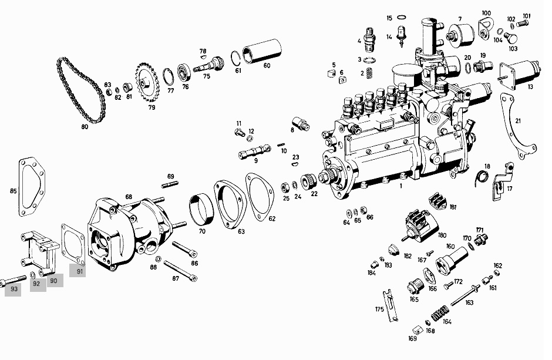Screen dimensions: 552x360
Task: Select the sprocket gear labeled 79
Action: (x=147, y=82)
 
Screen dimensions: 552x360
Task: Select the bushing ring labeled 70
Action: (x=202, y=210)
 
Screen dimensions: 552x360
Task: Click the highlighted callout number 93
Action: (x=14, y=289)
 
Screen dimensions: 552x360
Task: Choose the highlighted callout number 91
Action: (x=78, y=271)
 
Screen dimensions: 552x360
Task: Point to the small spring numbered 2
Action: (x=369, y=73)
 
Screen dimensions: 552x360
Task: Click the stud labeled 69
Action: (x=170, y=184)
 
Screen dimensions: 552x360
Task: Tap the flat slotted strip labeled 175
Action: (x=390, y=305)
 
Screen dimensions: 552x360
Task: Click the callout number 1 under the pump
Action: (x=400, y=186)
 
